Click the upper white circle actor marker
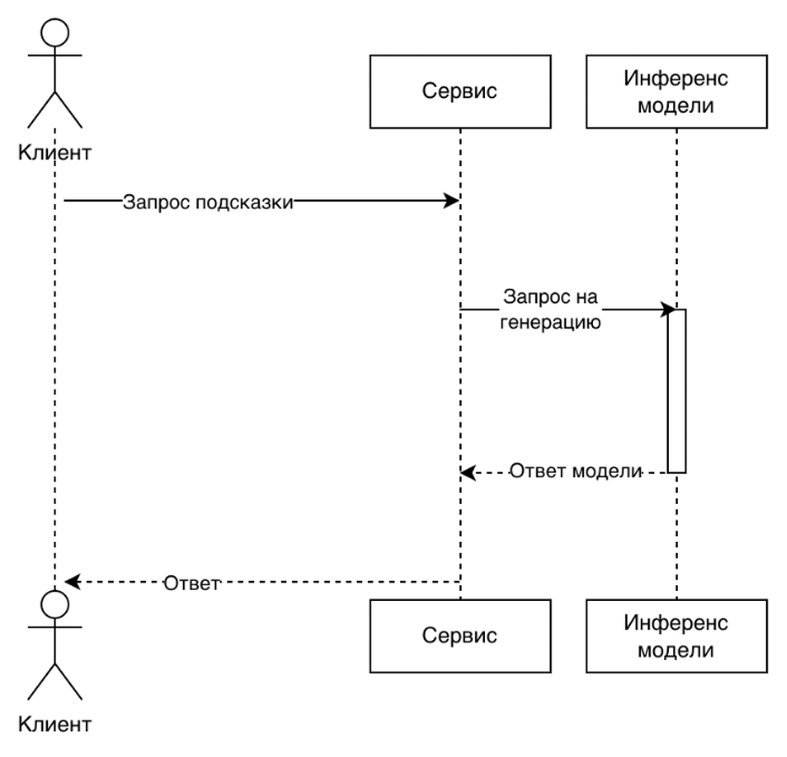(x=55, y=34)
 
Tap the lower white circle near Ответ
(x=55, y=605)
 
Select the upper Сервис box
(x=460, y=91)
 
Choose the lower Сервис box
(x=460, y=636)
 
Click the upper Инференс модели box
(x=676, y=91)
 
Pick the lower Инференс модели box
(x=676, y=636)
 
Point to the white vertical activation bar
(x=677, y=392)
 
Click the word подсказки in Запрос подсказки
(x=245, y=203)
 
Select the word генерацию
(x=551, y=323)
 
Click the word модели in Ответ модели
(x=607, y=471)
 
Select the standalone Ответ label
(x=192, y=584)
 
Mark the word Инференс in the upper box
(x=676, y=78)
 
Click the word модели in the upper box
(x=676, y=105)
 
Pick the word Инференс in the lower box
(x=676, y=623)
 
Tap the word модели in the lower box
(x=676, y=650)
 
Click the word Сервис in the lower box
(x=460, y=636)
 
